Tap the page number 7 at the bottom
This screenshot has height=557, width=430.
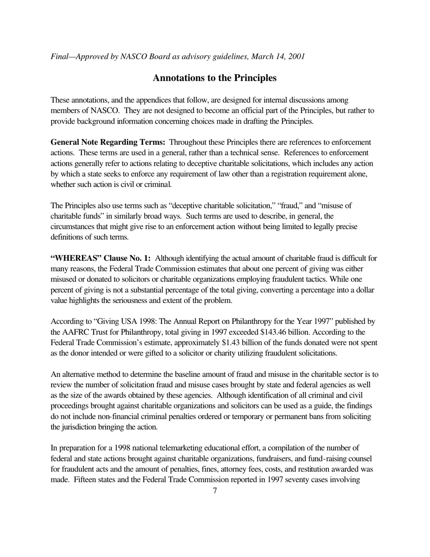tap(215, 490)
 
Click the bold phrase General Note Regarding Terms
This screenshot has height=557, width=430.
tap(108, 142)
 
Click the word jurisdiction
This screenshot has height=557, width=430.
tap(82, 427)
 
